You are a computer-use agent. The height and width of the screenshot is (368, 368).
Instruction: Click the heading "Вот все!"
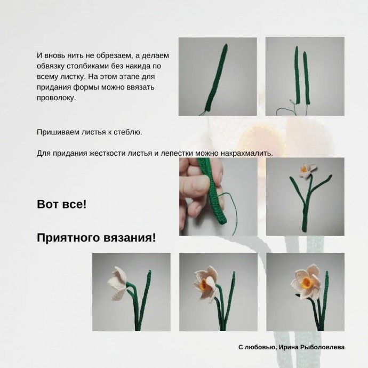(61, 204)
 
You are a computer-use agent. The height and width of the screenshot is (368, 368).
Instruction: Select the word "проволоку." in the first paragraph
(57, 98)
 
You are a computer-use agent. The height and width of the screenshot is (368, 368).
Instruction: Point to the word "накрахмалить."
(249, 153)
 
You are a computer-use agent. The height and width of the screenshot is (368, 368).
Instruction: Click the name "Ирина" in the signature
(290, 347)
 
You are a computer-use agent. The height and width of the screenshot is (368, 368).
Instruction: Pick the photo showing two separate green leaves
(305, 76)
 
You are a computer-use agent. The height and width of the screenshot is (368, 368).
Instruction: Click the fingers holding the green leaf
(193, 184)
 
